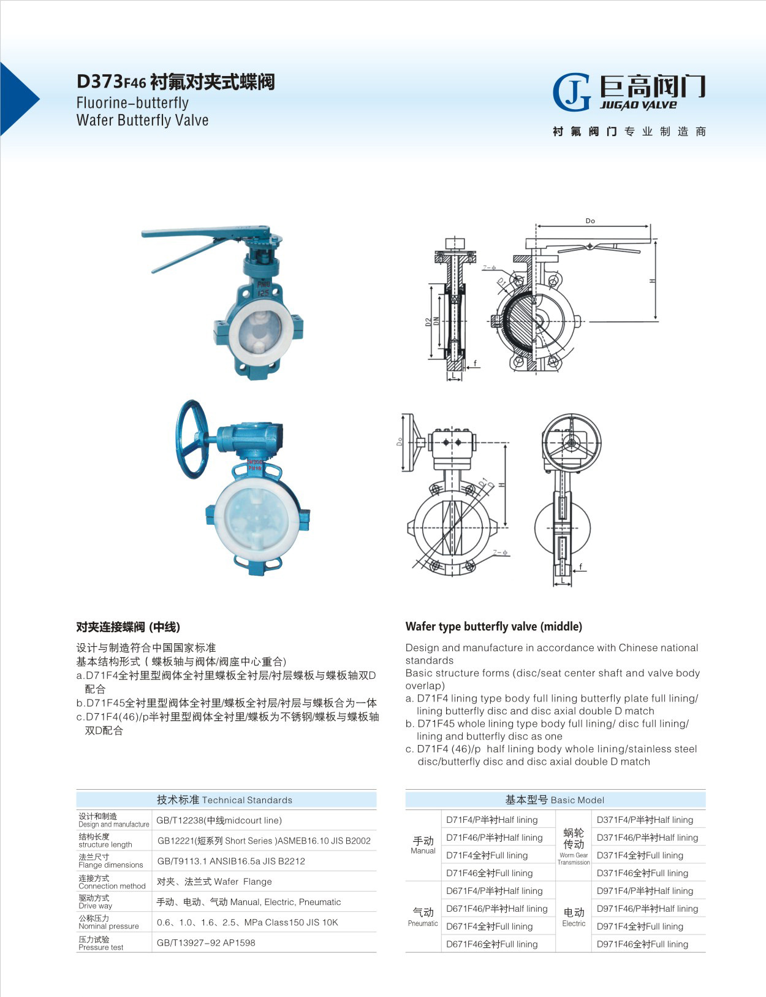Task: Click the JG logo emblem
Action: pos(571,93)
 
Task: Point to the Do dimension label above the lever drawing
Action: pos(590,221)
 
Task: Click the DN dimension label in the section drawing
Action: pos(436,321)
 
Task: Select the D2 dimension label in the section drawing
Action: pos(428,321)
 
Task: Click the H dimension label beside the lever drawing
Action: pos(653,280)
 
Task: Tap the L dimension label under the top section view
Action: pos(454,374)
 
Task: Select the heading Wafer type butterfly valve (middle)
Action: pos(493,626)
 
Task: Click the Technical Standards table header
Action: pos(226,800)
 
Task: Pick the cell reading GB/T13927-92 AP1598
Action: pos(206,942)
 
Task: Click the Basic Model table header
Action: pos(555,800)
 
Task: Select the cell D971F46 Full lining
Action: pos(642,944)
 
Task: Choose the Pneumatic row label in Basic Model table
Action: pos(423,917)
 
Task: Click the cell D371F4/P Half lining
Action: pos(645,820)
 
